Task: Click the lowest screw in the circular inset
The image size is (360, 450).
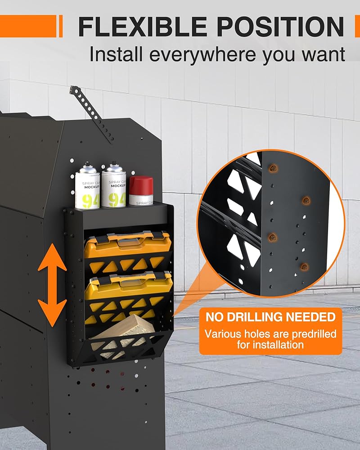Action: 305,267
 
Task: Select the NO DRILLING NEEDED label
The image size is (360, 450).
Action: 270,317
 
